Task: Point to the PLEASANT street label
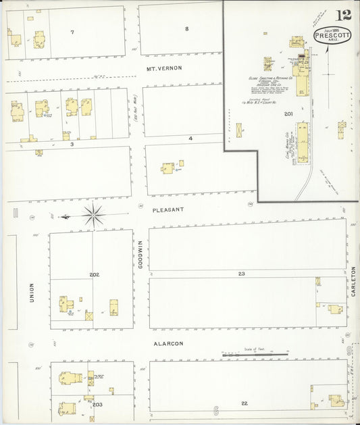click(168, 209)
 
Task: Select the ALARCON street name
click(168, 343)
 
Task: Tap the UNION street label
click(31, 293)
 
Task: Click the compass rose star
click(94, 216)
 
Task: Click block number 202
click(94, 274)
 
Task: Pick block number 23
click(240, 274)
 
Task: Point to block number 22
click(244, 403)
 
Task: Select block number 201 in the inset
click(288, 114)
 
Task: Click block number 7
click(72, 32)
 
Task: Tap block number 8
click(187, 28)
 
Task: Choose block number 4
click(190, 138)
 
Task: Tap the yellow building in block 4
click(168, 167)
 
